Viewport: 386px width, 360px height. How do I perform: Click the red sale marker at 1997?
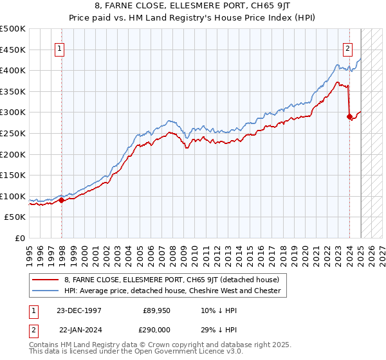click(62, 200)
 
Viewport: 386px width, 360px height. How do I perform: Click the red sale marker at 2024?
click(349, 116)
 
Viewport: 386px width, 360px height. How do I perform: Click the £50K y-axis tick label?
click(15, 217)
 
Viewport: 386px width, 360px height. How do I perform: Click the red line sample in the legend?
click(46, 280)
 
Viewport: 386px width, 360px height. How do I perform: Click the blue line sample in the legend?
click(46, 291)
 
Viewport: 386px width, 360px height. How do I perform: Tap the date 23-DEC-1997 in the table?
click(79, 310)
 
